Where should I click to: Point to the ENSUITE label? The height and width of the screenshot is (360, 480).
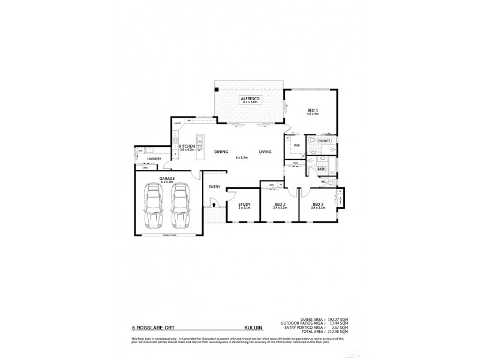click(x=325, y=140)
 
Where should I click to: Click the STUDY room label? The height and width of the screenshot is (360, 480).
click(x=244, y=205)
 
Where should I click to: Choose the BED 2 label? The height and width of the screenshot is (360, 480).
click(x=280, y=205)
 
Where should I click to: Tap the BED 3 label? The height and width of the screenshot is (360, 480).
click(x=318, y=205)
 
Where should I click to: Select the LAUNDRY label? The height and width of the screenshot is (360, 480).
click(x=147, y=159)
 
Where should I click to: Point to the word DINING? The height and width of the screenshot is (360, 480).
click(x=221, y=152)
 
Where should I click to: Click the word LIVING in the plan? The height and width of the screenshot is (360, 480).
click(x=265, y=152)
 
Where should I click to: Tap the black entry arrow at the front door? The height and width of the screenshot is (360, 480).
click(x=212, y=205)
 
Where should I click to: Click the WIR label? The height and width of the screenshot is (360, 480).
click(x=296, y=145)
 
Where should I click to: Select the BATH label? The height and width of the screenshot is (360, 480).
click(x=322, y=170)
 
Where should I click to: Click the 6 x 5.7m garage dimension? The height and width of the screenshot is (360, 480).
click(x=167, y=182)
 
